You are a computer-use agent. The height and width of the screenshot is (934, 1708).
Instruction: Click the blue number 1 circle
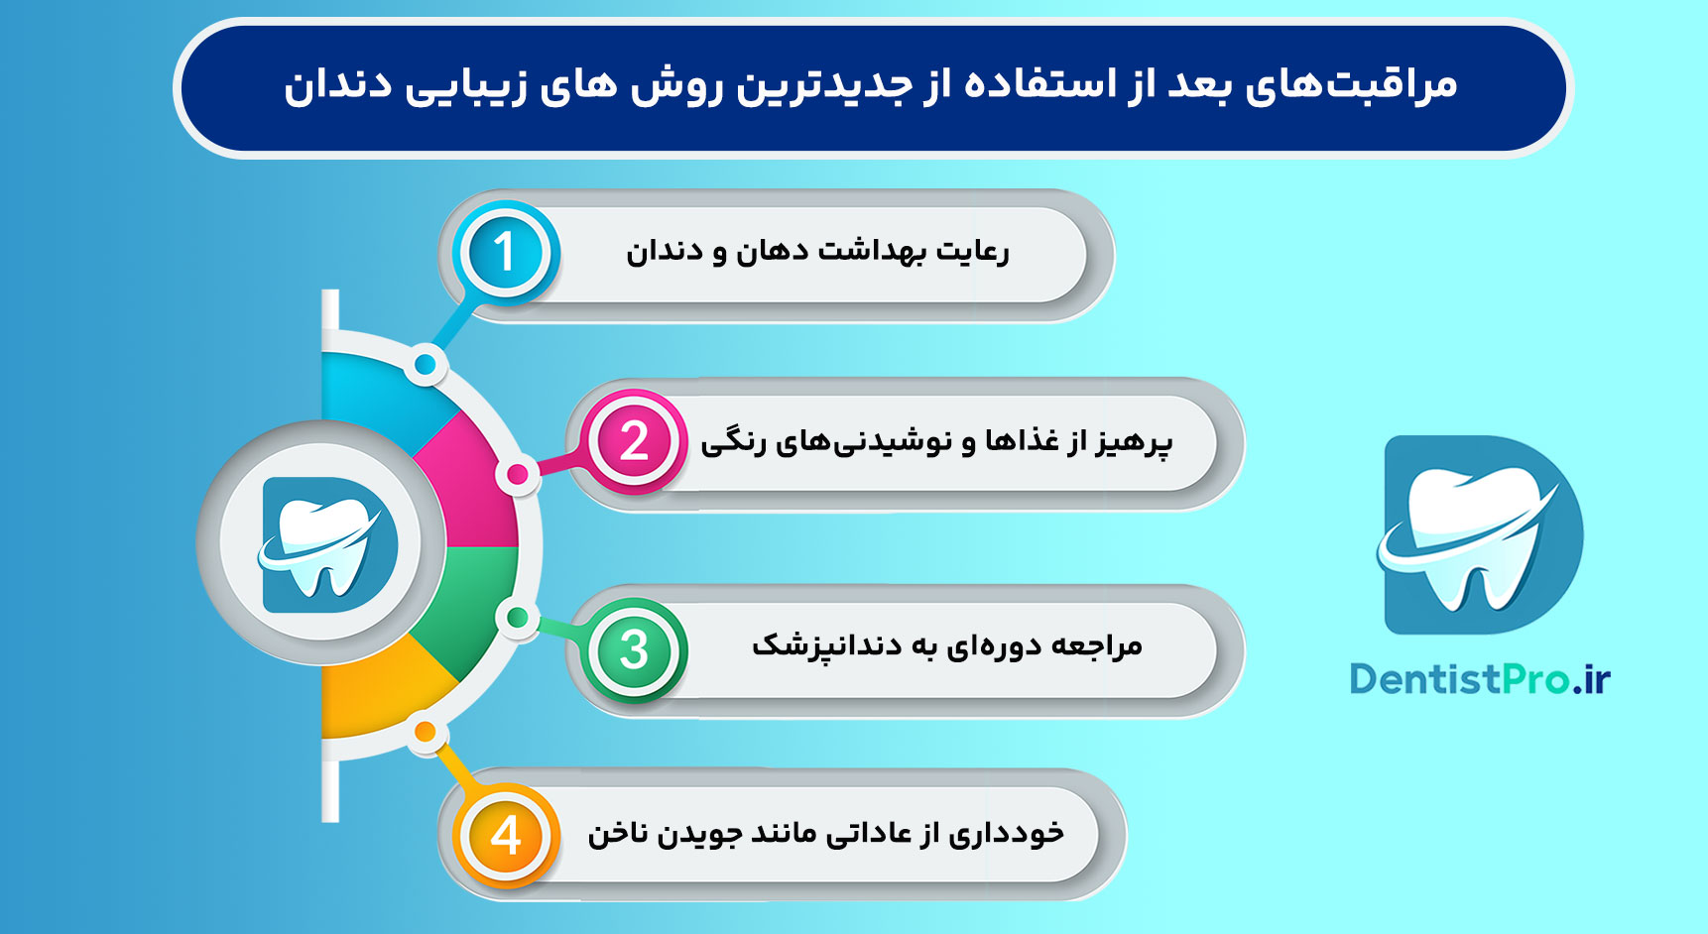[x=506, y=252]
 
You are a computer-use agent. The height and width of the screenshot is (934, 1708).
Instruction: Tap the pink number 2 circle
[x=635, y=441]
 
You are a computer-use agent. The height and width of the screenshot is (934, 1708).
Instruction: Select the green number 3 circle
[x=635, y=650]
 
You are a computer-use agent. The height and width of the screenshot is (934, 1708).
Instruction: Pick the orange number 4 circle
[x=506, y=835]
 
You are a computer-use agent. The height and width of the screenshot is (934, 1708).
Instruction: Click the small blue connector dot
[x=425, y=365]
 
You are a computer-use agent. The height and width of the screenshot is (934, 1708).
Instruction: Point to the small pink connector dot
[x=517, y=475]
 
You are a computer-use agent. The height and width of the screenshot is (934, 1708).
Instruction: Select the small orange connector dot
[x=425, y=733]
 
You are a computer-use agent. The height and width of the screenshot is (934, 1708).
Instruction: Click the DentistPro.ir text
[x=1479, y=679]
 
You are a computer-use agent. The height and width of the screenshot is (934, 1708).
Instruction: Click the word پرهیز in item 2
[x=1136, y=441]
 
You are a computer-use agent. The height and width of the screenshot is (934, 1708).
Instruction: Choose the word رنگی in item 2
[x=734, y=442]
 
